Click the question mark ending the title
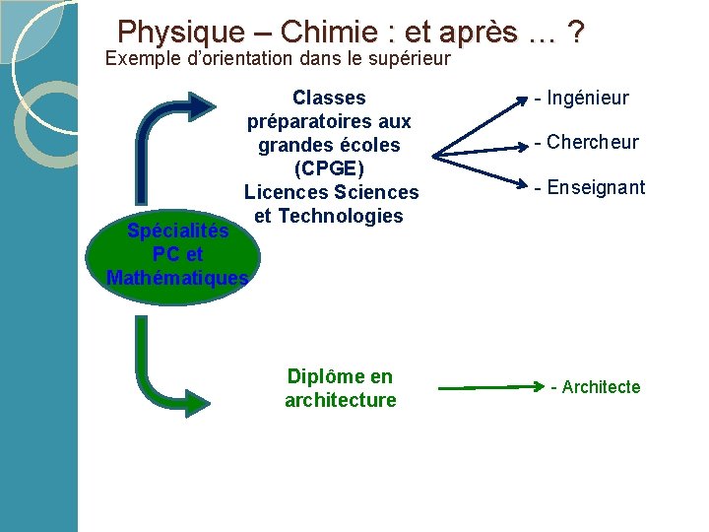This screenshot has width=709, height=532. tap(575, 33)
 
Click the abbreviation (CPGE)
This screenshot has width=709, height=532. tap(332, 168)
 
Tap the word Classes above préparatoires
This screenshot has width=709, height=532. tap(329, 98)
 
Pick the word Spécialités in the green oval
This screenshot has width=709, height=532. tap(178, 231)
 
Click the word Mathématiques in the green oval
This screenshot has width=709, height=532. tap(178, 278)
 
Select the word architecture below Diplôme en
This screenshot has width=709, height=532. tap(341, 400)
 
